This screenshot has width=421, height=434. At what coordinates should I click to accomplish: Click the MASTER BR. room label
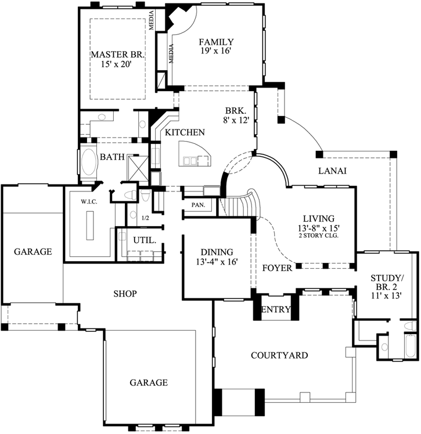117,55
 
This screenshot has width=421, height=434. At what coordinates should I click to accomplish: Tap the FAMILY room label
216,42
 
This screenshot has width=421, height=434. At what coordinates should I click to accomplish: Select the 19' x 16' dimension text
216,51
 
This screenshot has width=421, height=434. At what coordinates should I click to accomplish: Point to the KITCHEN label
185,132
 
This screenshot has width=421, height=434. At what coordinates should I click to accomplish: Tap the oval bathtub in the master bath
89,164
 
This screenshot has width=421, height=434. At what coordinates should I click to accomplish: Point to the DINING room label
217,252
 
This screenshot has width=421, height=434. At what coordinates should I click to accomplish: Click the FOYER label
276,268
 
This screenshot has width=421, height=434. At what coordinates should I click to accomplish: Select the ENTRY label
276,310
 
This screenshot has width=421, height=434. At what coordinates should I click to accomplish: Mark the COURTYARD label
279,355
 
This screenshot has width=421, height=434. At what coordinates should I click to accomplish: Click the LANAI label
332,171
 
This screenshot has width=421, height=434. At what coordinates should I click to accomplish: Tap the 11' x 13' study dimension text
386,295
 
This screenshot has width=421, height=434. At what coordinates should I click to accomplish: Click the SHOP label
125,294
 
